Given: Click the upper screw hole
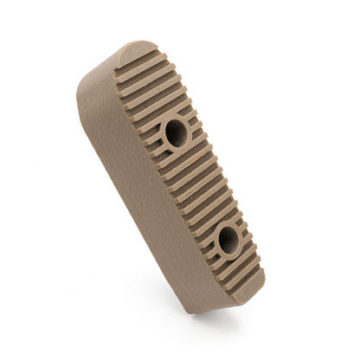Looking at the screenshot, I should click(176, 132).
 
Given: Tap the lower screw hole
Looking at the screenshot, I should click(228, 240).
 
